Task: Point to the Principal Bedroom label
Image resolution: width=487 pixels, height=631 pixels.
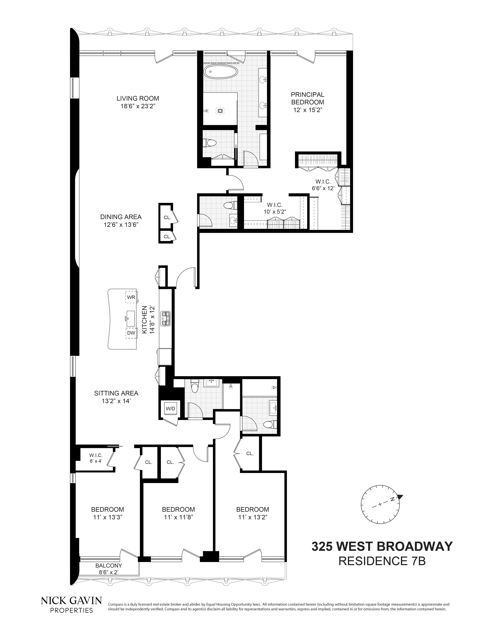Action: tap(308, 98)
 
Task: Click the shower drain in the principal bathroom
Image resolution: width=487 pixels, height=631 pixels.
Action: tap(221, 110)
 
